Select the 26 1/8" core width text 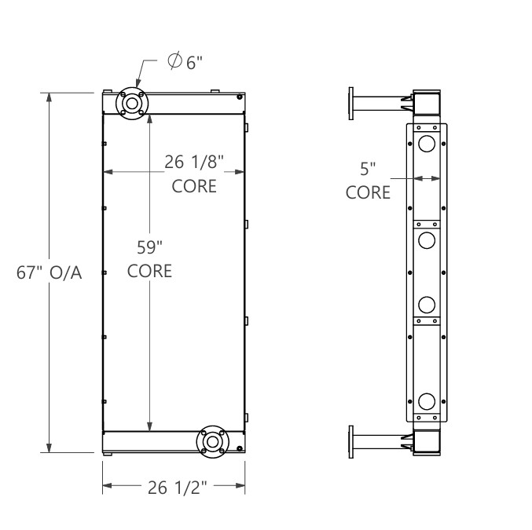[x=194, y=163]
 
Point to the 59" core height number [x=149, y=247]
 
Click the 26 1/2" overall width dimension [x=177, y=488]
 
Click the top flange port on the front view [x=131, y=104]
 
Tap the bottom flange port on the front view [x=212, y=442]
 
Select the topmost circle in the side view [x=427, y=144]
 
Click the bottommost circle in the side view [x=427, y=401]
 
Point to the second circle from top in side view [x=427, y=239]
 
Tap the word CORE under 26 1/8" [x=194, y=187]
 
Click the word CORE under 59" [x=149, y=271]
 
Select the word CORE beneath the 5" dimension [x=369, y=192]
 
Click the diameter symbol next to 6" [x=175, y=61]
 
